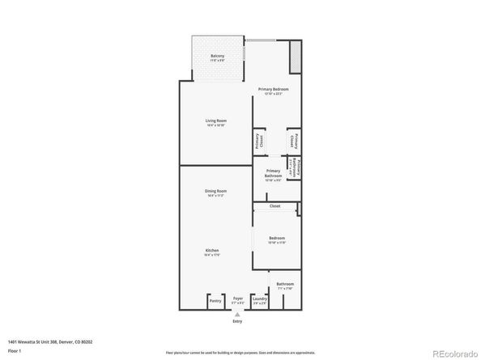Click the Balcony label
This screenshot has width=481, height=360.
[x=218, y=55]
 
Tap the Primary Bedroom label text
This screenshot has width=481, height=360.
[x=274, y=88]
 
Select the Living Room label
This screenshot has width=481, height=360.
[x=215, y=121]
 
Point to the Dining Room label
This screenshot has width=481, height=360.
[x=215, y=191]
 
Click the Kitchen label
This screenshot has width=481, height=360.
[x=213, y=252]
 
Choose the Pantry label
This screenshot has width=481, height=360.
[x=215, y=301]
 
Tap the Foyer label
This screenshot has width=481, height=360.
[x=238, y=298]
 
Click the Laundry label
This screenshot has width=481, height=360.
[x=260, y=299]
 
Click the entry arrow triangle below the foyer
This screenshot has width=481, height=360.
[x=238, y=313]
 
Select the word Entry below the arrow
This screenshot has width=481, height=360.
[x=238, y=321]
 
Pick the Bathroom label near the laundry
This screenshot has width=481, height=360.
[x=285, y=284]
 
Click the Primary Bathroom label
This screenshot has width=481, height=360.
[x=273, y=173]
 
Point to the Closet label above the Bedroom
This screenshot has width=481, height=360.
[x=275, y=206]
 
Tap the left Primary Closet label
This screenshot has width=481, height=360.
[x=258, y=141]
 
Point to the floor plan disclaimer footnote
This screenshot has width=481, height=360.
[x=240, y=352]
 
